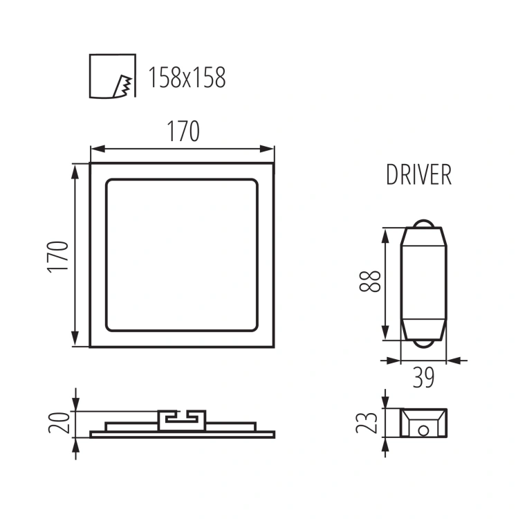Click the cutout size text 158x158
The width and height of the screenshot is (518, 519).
[187, 78]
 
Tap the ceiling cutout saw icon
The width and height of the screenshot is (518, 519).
[113, 76]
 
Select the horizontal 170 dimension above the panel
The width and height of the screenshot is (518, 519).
[183, 131]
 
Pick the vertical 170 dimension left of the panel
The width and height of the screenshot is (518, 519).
[58, 257]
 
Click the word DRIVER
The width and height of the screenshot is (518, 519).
[419, 174]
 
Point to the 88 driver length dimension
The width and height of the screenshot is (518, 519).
[370, 282]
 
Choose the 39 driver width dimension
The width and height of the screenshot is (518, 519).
[423, 378]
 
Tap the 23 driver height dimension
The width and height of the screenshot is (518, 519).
[367, 423]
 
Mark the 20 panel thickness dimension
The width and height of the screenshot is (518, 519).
[59, 423]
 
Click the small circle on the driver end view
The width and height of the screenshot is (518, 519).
[423, 430]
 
